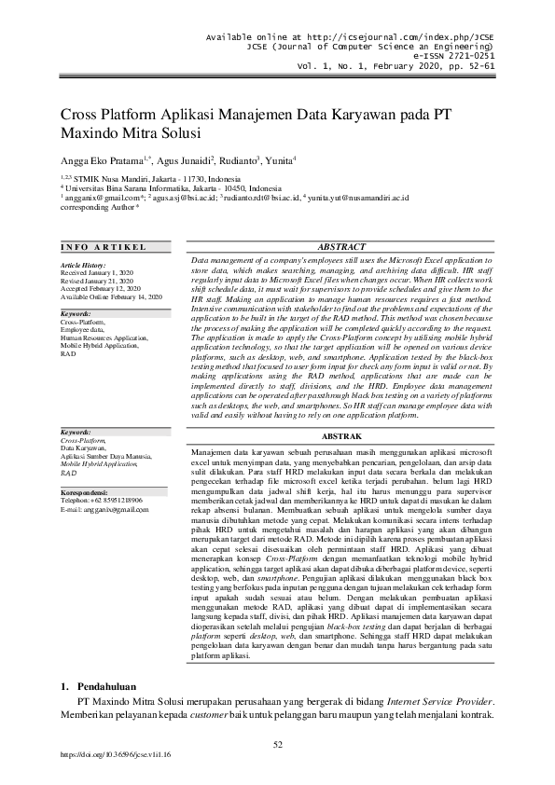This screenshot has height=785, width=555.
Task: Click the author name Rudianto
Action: point(240,159)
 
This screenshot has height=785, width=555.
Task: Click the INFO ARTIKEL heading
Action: point(104,247)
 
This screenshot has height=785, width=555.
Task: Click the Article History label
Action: point(83,265)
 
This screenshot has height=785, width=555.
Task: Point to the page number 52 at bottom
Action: point(277,744)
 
